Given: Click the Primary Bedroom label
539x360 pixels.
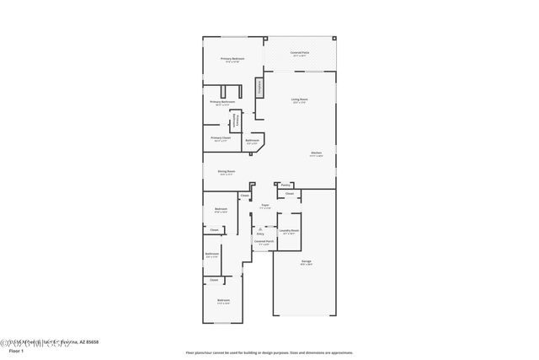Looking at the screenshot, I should point(231,59).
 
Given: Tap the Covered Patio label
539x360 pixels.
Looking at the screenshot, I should point(299,53).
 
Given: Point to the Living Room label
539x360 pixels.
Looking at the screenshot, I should point(299,100).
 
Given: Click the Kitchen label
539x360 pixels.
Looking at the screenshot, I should point(315,153).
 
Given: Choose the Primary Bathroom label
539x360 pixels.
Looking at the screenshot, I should point(221,103).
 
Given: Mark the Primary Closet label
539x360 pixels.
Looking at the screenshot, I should point(221,137).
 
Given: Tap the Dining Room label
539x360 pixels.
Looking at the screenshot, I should point(226,171).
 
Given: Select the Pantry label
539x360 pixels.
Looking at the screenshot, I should point(286,185).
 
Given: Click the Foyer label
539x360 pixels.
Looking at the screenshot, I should point(264,205).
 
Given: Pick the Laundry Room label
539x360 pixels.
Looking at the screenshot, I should point(290,230).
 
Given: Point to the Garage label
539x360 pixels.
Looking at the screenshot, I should point(306,262).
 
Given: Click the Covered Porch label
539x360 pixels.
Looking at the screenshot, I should point(264,242).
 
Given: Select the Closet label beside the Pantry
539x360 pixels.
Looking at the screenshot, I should point(289,194).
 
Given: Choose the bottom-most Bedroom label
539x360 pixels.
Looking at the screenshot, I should point(223,300).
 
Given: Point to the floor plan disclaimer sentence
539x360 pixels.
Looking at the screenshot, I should point(269,352).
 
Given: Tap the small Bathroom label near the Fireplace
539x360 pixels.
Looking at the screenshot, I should point(252,141).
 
